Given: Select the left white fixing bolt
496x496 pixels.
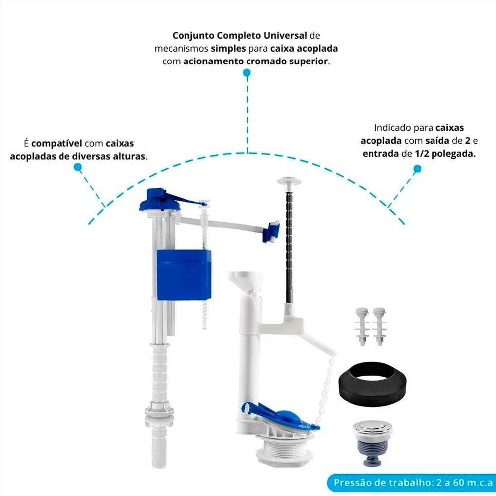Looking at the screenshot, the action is click(362, 326).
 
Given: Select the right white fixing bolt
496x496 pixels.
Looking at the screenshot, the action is click(379, 326).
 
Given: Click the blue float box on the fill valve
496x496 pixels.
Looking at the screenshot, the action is click(184, 275).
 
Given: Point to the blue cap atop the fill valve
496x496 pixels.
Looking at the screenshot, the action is click(160, 201).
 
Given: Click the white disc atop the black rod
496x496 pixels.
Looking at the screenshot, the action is click(289, 181).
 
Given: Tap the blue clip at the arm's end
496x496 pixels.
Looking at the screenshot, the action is click(271, 232).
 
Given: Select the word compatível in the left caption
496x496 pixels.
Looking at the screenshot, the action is click(57, 144).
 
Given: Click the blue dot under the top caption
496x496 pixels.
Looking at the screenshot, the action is click(247, 73).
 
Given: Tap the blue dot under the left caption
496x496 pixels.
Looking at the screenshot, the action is click(78, 167).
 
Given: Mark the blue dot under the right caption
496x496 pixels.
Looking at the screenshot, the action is click(417, 169).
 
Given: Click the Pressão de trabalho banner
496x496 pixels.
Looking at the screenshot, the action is click(411, 483).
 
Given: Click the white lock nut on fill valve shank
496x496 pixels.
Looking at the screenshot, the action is click(159, 411).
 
